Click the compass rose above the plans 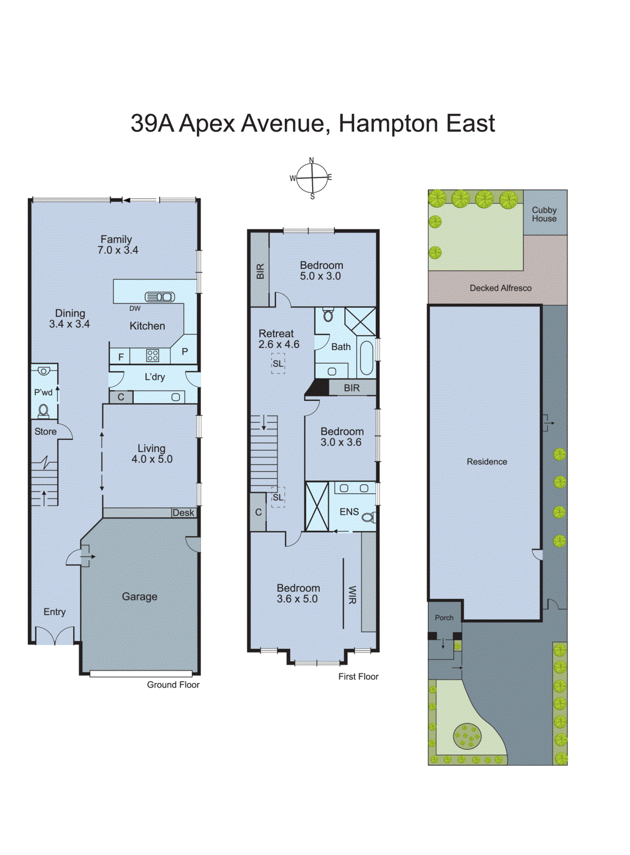pos(312,178)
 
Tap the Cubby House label pos(544,214)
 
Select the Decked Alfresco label pos(500,288)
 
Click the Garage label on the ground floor pos(139,596)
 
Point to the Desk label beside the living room pos(183,512)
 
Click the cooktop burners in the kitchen pos(152,355)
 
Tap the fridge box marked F pos(121,356)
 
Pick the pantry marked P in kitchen pos(185,352)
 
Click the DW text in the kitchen pos(135,308)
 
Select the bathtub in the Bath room pos(367,357)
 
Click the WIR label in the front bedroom pos(352,595)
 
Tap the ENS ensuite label pos(349,512)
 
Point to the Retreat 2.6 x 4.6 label pos(278,339)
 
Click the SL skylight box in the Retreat pos(278,364)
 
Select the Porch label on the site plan pos(444,618)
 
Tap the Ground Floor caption pos(173,685)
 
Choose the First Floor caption pos(358,677)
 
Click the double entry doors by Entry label pos(55,636)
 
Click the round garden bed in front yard pos(467,736)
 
